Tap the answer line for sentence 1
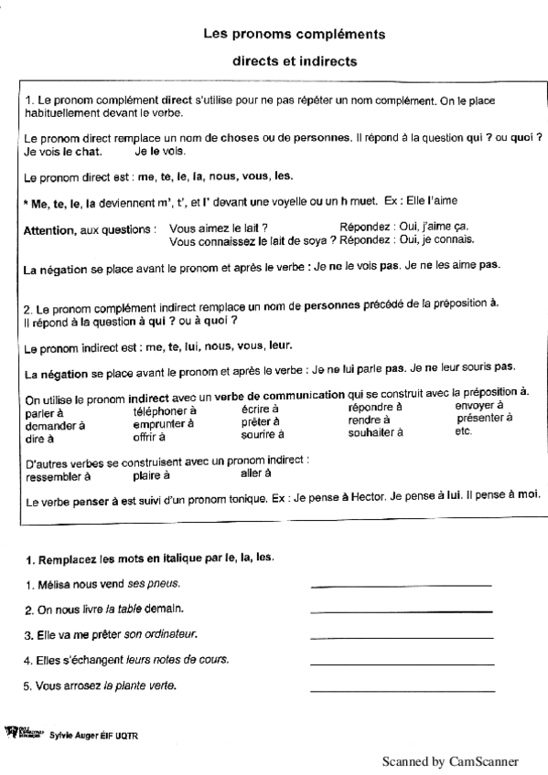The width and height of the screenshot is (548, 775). (x=401, y=585)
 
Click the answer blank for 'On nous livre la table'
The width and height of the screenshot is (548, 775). (x=401, y=610)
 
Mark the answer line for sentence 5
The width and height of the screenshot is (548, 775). (x=401, y=687)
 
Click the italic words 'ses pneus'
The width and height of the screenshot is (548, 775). (x=155, y=583)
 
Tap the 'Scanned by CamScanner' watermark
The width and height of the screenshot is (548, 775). (x=450, y=760)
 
